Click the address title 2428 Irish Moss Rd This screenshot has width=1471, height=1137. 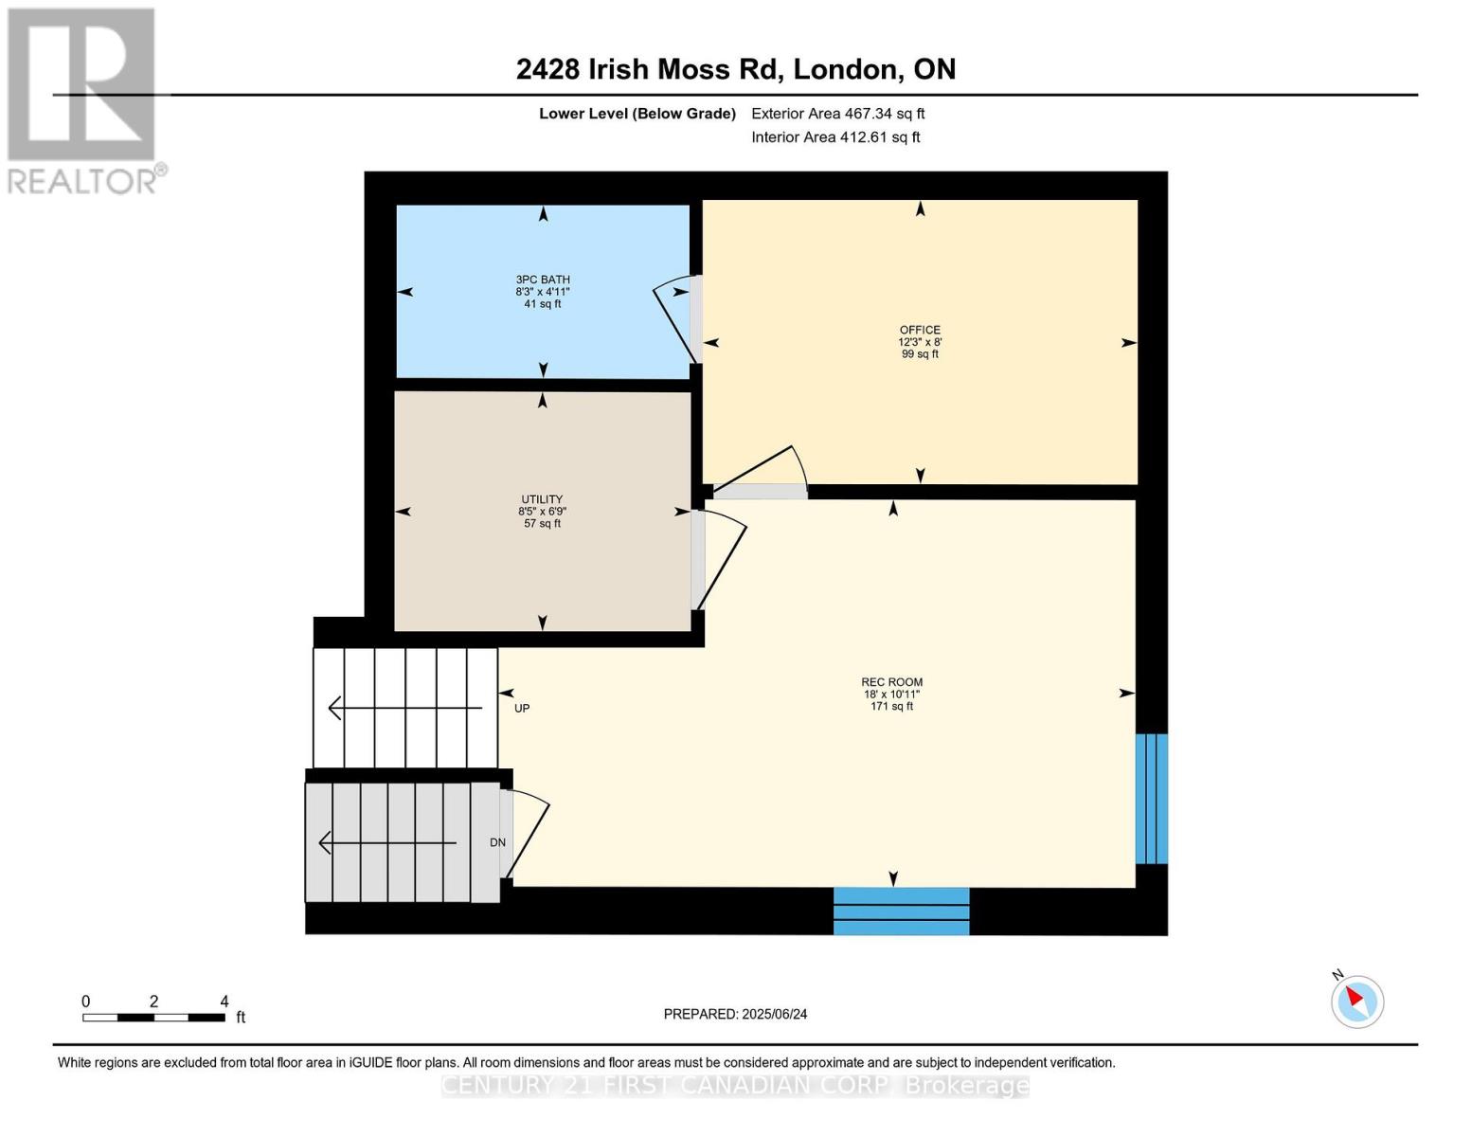735,69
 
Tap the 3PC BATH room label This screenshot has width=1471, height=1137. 543,291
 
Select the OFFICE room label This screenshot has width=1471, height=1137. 920,341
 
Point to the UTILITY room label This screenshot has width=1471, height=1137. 542,511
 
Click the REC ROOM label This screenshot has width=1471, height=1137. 891,694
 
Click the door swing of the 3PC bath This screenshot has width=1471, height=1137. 676,318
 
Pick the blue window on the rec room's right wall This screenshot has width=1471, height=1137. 1151,798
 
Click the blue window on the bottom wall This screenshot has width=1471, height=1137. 901,911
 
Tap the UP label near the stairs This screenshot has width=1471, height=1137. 522,708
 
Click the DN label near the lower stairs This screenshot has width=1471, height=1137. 497,842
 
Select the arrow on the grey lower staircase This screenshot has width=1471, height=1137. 388,842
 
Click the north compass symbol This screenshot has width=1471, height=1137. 1356,1001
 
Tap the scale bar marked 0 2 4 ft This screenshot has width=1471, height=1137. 153,1017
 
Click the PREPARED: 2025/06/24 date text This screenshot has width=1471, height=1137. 735,1014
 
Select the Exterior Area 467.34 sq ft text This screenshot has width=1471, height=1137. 837,114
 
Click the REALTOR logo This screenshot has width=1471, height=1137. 83,99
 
